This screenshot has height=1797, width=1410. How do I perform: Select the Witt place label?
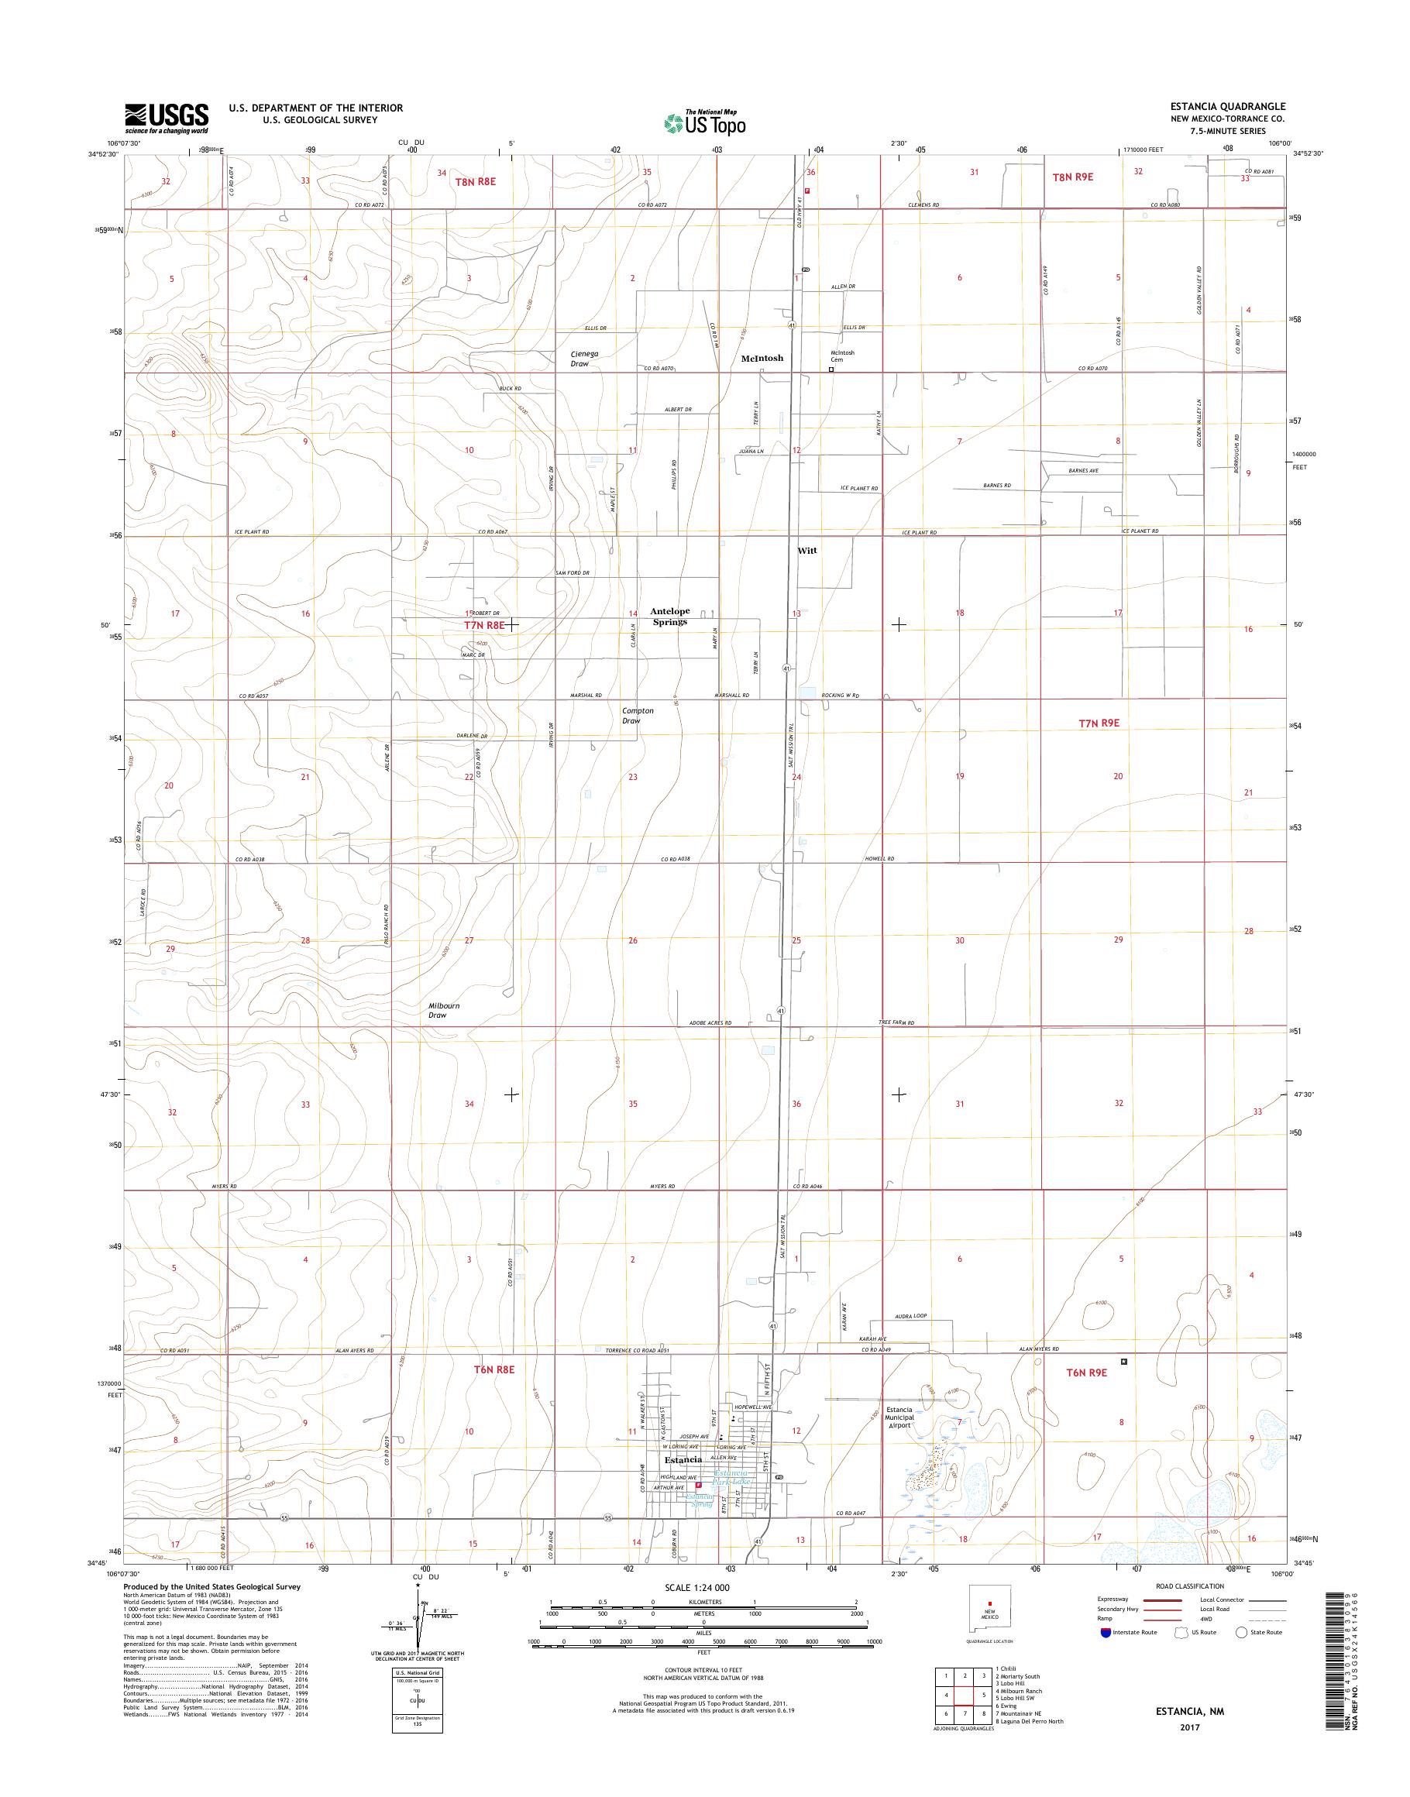[x=806, y=551]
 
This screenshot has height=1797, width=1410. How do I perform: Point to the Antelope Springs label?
[x=669, y=617]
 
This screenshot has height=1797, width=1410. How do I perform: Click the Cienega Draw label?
[x=584, y=359]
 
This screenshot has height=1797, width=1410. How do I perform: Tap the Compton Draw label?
[x=638, y=716]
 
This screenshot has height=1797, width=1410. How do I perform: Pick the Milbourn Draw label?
[x=443, y=1010]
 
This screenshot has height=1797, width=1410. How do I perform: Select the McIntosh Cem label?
[x=842, y=356]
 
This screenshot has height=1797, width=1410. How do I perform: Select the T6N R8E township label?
[x=494, y=1369]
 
